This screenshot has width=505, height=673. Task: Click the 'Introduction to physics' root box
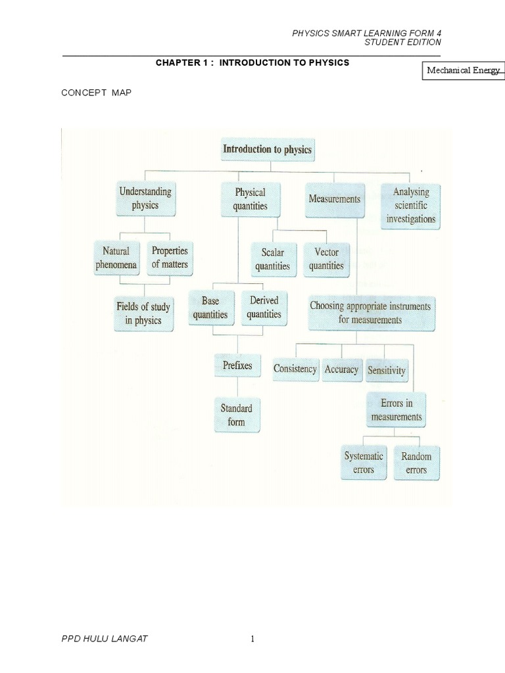click(x=267, y=150)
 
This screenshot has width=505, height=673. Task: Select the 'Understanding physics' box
click(x=145, y=198)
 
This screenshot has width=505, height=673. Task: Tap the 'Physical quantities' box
click(x=251, y=199)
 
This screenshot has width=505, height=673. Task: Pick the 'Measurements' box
click(x=334, y=198)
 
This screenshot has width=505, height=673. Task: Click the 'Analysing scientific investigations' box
click(x=411, y=206)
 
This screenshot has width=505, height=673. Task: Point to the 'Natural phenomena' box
click(x=116, y=258)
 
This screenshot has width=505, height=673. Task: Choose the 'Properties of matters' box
click(x=170, y=258)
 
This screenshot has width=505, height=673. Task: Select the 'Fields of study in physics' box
click(x=143, y=313)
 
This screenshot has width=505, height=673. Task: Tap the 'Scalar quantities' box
click(x=273, y=260)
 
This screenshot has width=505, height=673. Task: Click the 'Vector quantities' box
click(x=327, y=259)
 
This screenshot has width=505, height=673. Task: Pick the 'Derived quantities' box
click(x=264, y=308)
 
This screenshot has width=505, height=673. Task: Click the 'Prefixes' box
click(x=237, y=365)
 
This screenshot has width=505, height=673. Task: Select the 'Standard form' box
click(x=237, y=415)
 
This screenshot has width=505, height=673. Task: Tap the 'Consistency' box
click(x=295, y=369)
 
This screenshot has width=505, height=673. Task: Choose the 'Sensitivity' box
click(x=387, y=370)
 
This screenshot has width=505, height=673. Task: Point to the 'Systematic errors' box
click(x=364, y=463)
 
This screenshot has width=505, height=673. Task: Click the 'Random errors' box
click(x=416, y=463)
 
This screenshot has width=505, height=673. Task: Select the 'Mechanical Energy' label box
click(x=463, y=70)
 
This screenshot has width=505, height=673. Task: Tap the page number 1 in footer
click(x=252, y=640)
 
